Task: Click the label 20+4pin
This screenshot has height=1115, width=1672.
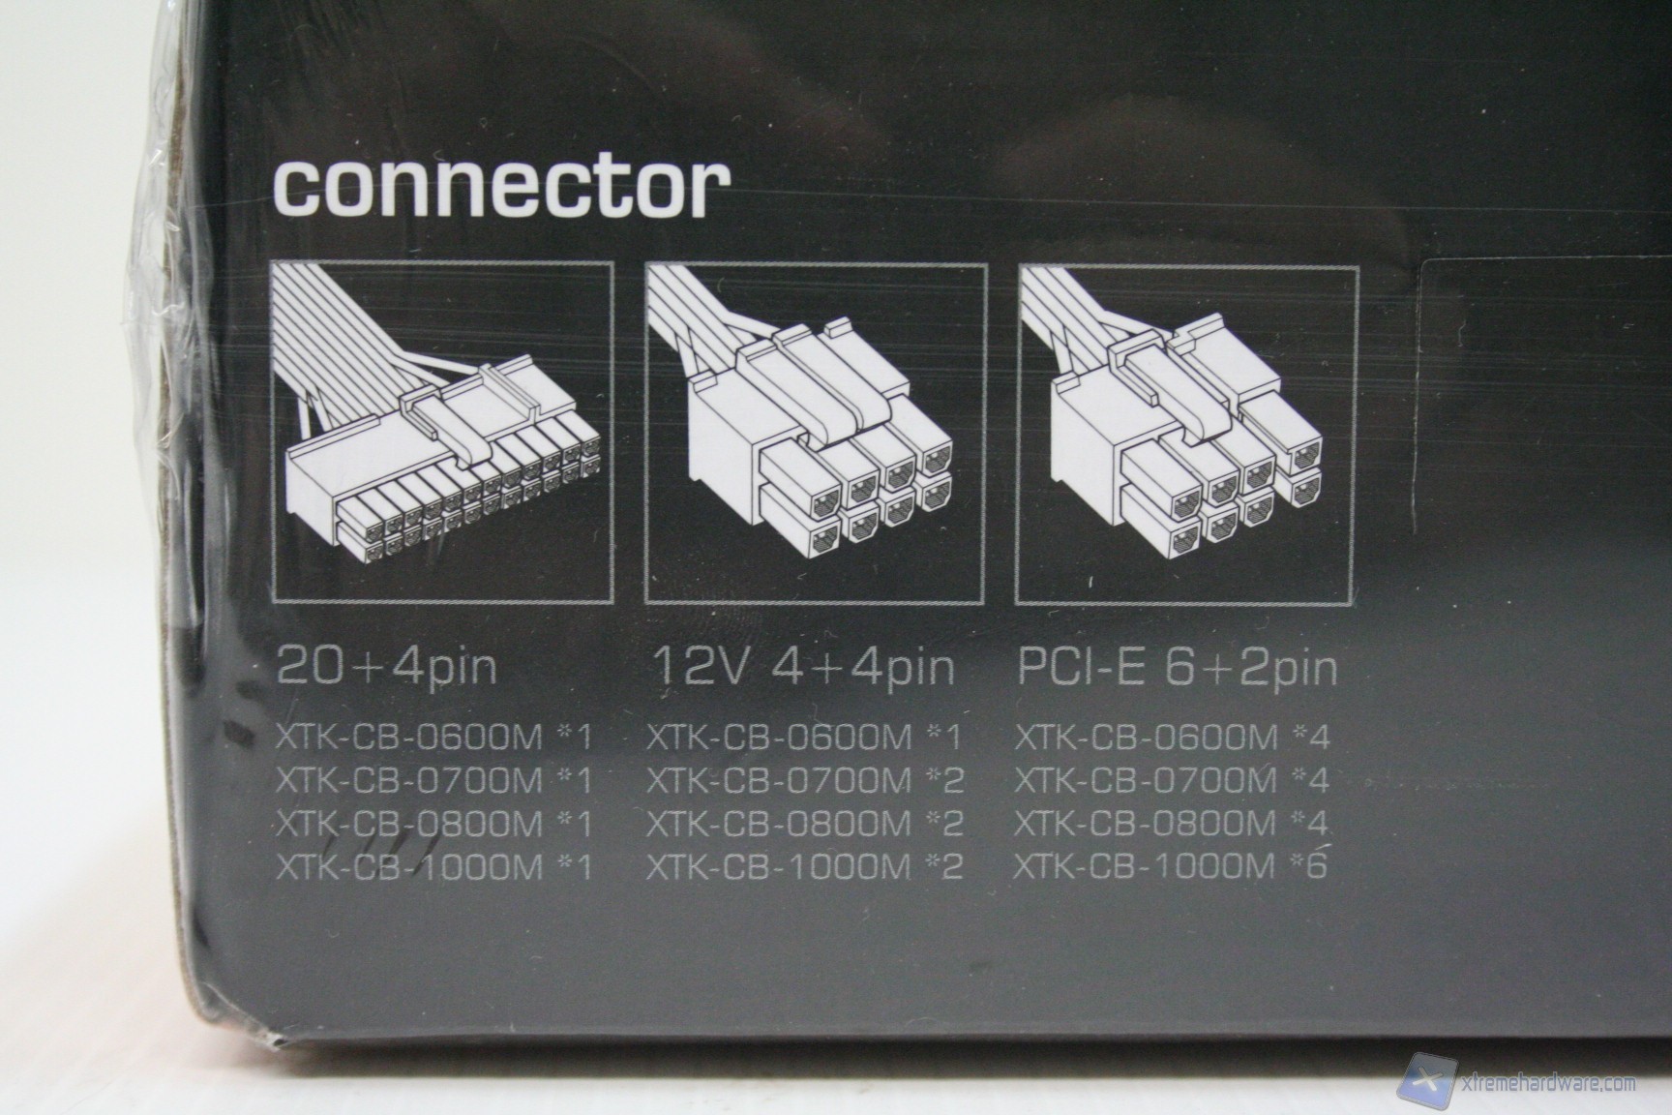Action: [x=387, y=667]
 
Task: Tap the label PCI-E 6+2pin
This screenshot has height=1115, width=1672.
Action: [x=1177, y=667]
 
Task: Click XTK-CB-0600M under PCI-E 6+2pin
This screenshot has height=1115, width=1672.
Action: [x=1147, y=738]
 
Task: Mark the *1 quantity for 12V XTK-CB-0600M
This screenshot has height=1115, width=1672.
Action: [x=944, y=738]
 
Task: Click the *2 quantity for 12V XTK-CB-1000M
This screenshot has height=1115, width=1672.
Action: [x=944, y=865]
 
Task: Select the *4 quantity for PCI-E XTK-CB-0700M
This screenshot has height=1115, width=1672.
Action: [x=1312, y=780]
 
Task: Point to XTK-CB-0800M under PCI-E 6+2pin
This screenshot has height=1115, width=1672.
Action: [x=1147, y=823]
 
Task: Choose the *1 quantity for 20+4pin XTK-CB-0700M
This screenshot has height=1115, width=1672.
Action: [x=574, y=782]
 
